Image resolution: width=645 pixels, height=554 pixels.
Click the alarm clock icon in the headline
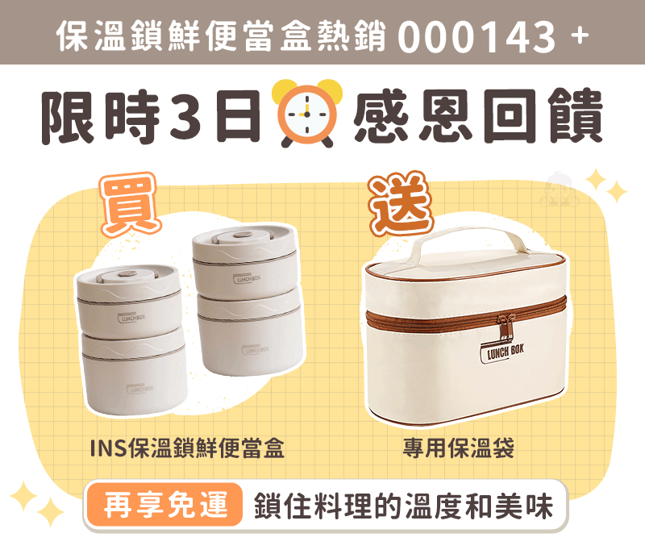pyautogui.click(x=307, y=113)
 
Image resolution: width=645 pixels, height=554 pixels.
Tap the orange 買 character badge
pyautogui.click(x=130, y=204)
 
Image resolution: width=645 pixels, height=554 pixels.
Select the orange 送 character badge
pyautogui.click(x=401, y=203)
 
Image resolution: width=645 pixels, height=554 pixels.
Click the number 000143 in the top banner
pyautogui.click(x=476, y=37)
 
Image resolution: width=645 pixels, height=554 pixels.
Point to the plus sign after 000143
pyautogui.click(x=580, y=35)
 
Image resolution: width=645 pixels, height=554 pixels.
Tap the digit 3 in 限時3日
pyautogui.click(x=186, y=115)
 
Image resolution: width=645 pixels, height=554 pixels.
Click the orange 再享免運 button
pyautogui.click(x=165, y=505)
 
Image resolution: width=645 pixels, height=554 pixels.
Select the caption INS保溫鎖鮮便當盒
pyautogui.click(x=187, y=448)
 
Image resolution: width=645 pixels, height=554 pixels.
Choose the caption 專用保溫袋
pyautogui.click(x=459, y=448)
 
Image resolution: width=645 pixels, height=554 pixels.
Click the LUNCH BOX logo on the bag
pyautogui.click(x=502, y=352)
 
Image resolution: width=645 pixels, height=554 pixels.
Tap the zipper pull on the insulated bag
pyautogui.click(x=506, y=327)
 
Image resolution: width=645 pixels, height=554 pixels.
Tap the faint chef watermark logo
pyautogui.click(x=559, y=190)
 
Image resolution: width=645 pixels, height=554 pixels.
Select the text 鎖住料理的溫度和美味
pyautogui.click(x=403, y=506)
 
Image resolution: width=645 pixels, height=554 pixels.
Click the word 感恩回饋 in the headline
pyautogui.click(x=478, y=115)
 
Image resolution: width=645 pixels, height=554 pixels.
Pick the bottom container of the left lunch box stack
pyautogui.click(x=134, y=374)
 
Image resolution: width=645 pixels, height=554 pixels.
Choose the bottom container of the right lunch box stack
pyautogui.click(x=251, y=333)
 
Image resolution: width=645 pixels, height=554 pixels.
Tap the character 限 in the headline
pyautogui.click(x=69, y=116)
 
